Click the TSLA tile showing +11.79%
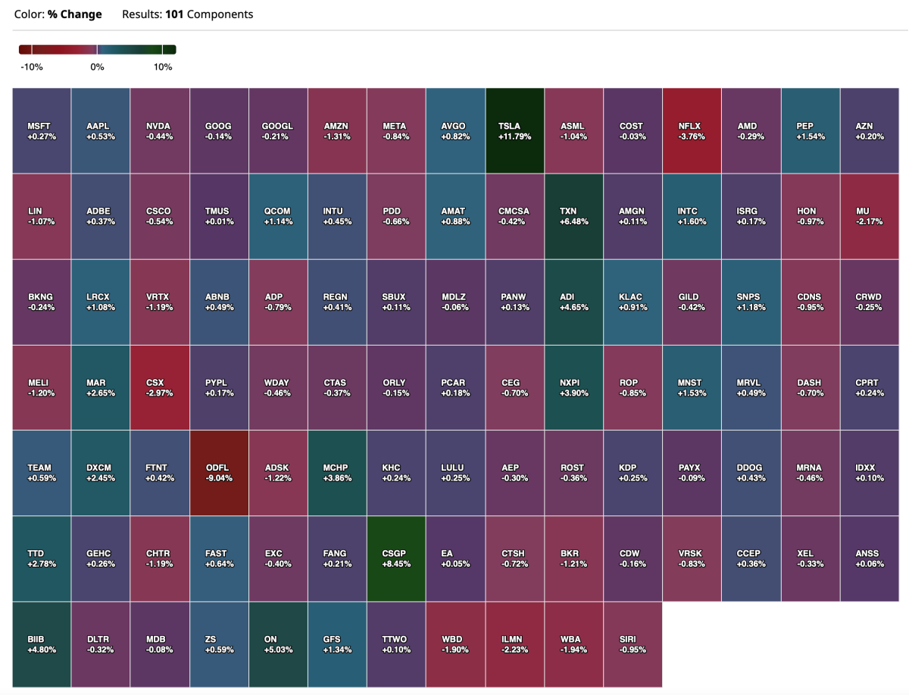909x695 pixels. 514,130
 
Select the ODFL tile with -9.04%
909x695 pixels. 219,473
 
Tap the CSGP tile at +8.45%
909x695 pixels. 396,559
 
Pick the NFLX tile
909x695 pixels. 692,130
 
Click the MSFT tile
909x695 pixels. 42,130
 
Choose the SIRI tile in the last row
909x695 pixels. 632,644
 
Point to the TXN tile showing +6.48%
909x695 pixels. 573,216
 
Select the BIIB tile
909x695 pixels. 42,644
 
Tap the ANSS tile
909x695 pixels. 870,559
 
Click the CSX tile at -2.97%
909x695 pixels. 160,387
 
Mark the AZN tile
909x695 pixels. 870,130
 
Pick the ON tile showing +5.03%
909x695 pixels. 278,644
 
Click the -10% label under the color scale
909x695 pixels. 32,67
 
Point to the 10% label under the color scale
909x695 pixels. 163,67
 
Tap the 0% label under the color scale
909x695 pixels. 97,67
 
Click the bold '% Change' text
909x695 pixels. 74,14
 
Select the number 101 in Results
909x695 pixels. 174,14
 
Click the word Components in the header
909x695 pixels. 220,14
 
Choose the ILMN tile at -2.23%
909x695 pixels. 514,644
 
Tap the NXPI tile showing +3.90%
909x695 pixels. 573,387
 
